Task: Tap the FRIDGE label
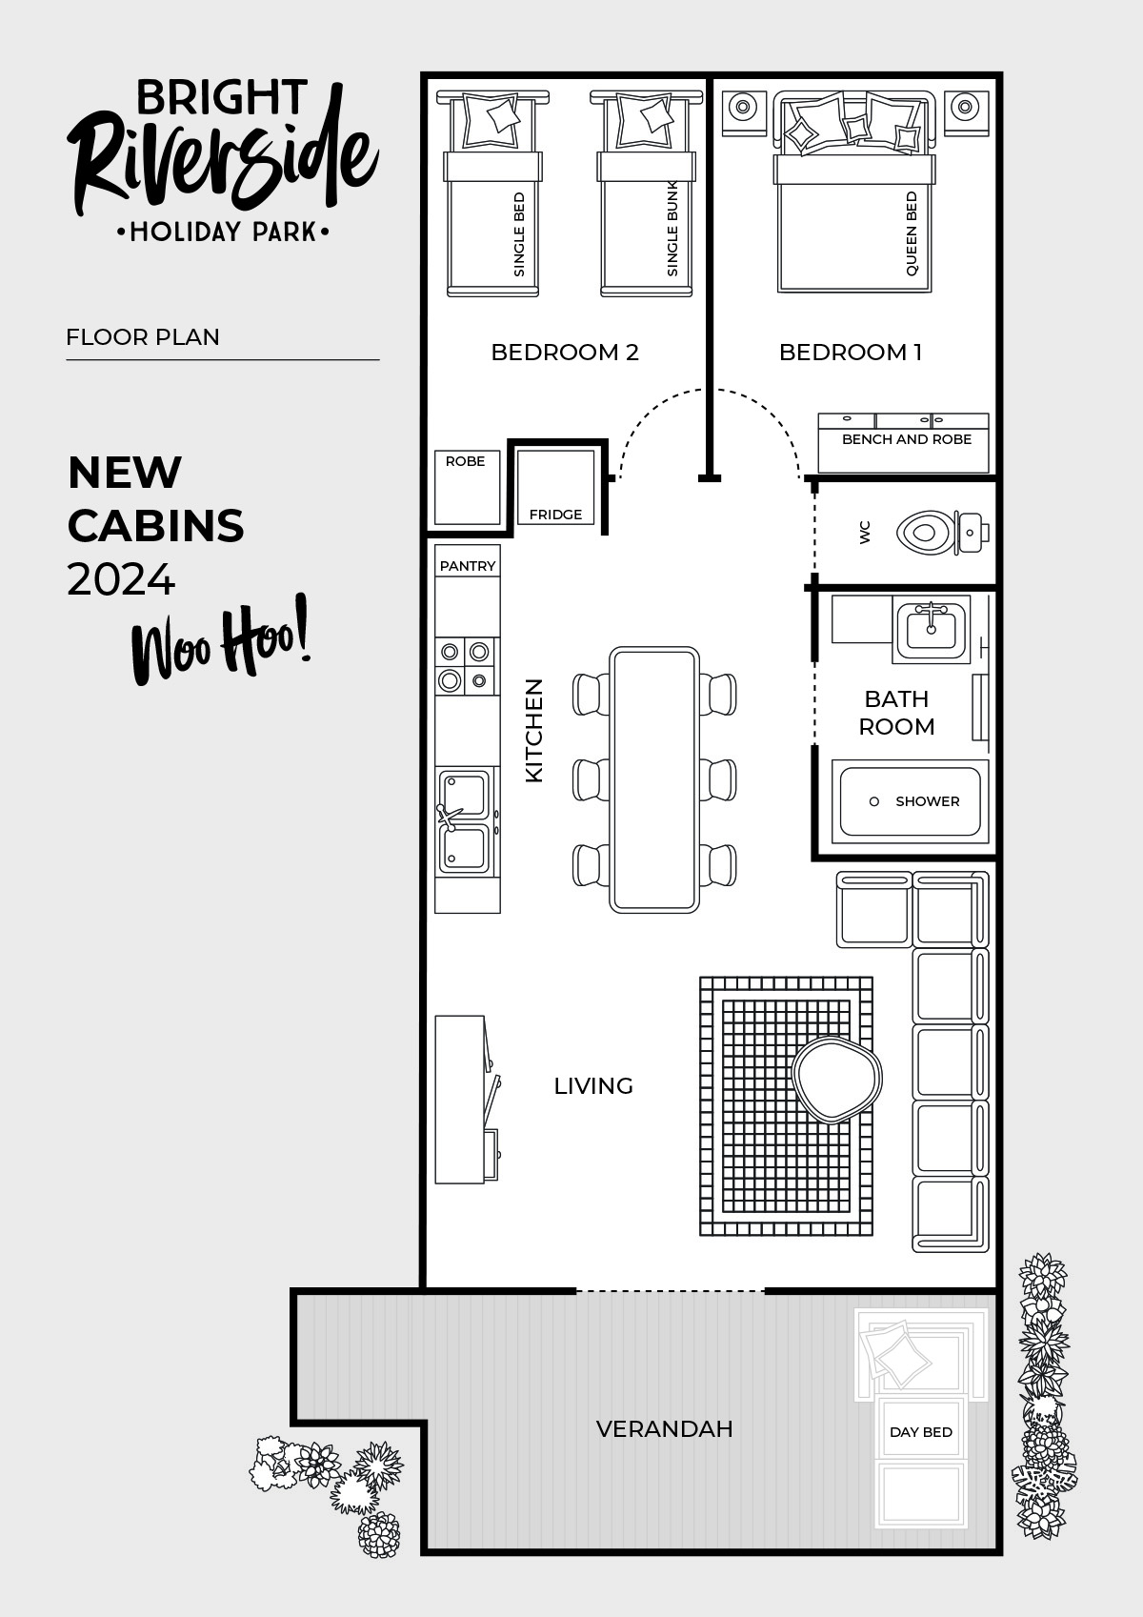coord(555,515)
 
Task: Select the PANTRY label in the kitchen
coord(468,566)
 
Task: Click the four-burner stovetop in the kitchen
coord(466,666)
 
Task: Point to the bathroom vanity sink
coord(931,626)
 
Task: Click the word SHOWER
coord(927,801)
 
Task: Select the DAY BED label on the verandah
coord(920,1432)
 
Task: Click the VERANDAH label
coord(664,1429)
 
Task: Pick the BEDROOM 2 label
coord(564,353)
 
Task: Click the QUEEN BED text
coord(912,234)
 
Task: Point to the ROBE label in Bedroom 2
coord(465,461)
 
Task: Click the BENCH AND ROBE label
coord(906,439)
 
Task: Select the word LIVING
coord(593,1086)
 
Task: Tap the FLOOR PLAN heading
coord(143,337)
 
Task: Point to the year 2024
coord(121,579)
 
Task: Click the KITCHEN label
coord(534,731)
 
